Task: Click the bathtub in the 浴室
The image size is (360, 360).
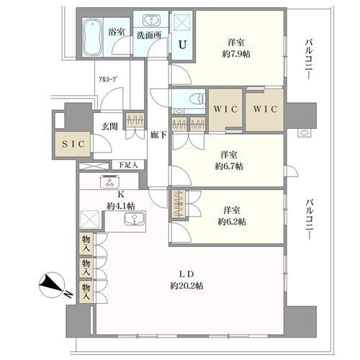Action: [93, 37]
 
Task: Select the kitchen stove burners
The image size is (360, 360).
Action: [109, 181]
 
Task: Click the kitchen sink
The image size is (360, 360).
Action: [134, 220]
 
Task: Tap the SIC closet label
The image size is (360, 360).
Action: [73, 144]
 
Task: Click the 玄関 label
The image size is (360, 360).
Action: [109, 126]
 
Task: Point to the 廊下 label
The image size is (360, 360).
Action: [158, 135]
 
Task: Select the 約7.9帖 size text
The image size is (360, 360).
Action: [236, 54]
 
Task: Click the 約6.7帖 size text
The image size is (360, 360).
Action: [229, 166]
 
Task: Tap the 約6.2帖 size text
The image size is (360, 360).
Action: [232, 222]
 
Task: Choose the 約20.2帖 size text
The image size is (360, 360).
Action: [187, 286]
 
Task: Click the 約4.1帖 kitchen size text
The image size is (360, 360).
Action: [120, 206]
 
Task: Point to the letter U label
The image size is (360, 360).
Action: [182, 45]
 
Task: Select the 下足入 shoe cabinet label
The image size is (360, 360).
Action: [128, 165]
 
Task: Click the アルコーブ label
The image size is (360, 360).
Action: [109, 79]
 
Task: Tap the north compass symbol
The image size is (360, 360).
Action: [52, 284]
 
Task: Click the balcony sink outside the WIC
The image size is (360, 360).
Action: [305, 132]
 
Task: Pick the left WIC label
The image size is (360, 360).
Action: [225, 109]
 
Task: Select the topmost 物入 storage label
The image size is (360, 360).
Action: [86, 244]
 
